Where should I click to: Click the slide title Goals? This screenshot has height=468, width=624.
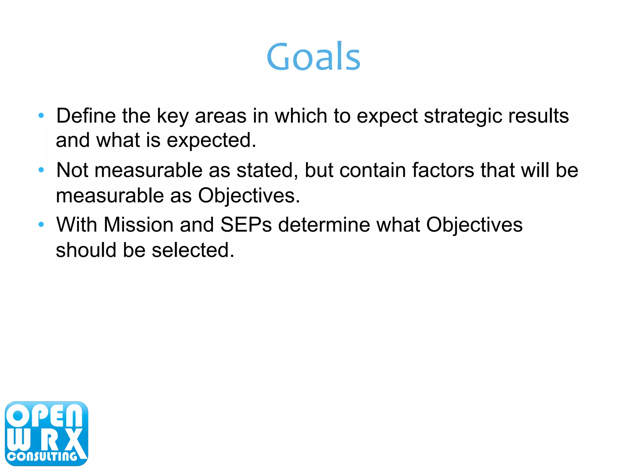point(313,57)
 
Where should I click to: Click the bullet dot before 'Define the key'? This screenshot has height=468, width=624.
point(41,116)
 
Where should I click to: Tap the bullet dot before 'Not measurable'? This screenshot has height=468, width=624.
point(41,170)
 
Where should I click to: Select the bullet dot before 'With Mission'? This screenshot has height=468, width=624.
point(41,225)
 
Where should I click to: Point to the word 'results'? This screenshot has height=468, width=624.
point(538,116)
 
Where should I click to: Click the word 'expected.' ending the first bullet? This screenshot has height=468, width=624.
point(211,141)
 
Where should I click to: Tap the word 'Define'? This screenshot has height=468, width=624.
point(86,116)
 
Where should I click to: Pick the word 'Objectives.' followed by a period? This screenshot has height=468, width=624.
point(249,196)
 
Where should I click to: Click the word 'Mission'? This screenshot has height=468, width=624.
point(139,225)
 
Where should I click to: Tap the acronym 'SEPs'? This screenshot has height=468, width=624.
point(246,225)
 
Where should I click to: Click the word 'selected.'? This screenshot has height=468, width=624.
point(193,250)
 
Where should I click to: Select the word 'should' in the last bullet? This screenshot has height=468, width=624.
point(86,250)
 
